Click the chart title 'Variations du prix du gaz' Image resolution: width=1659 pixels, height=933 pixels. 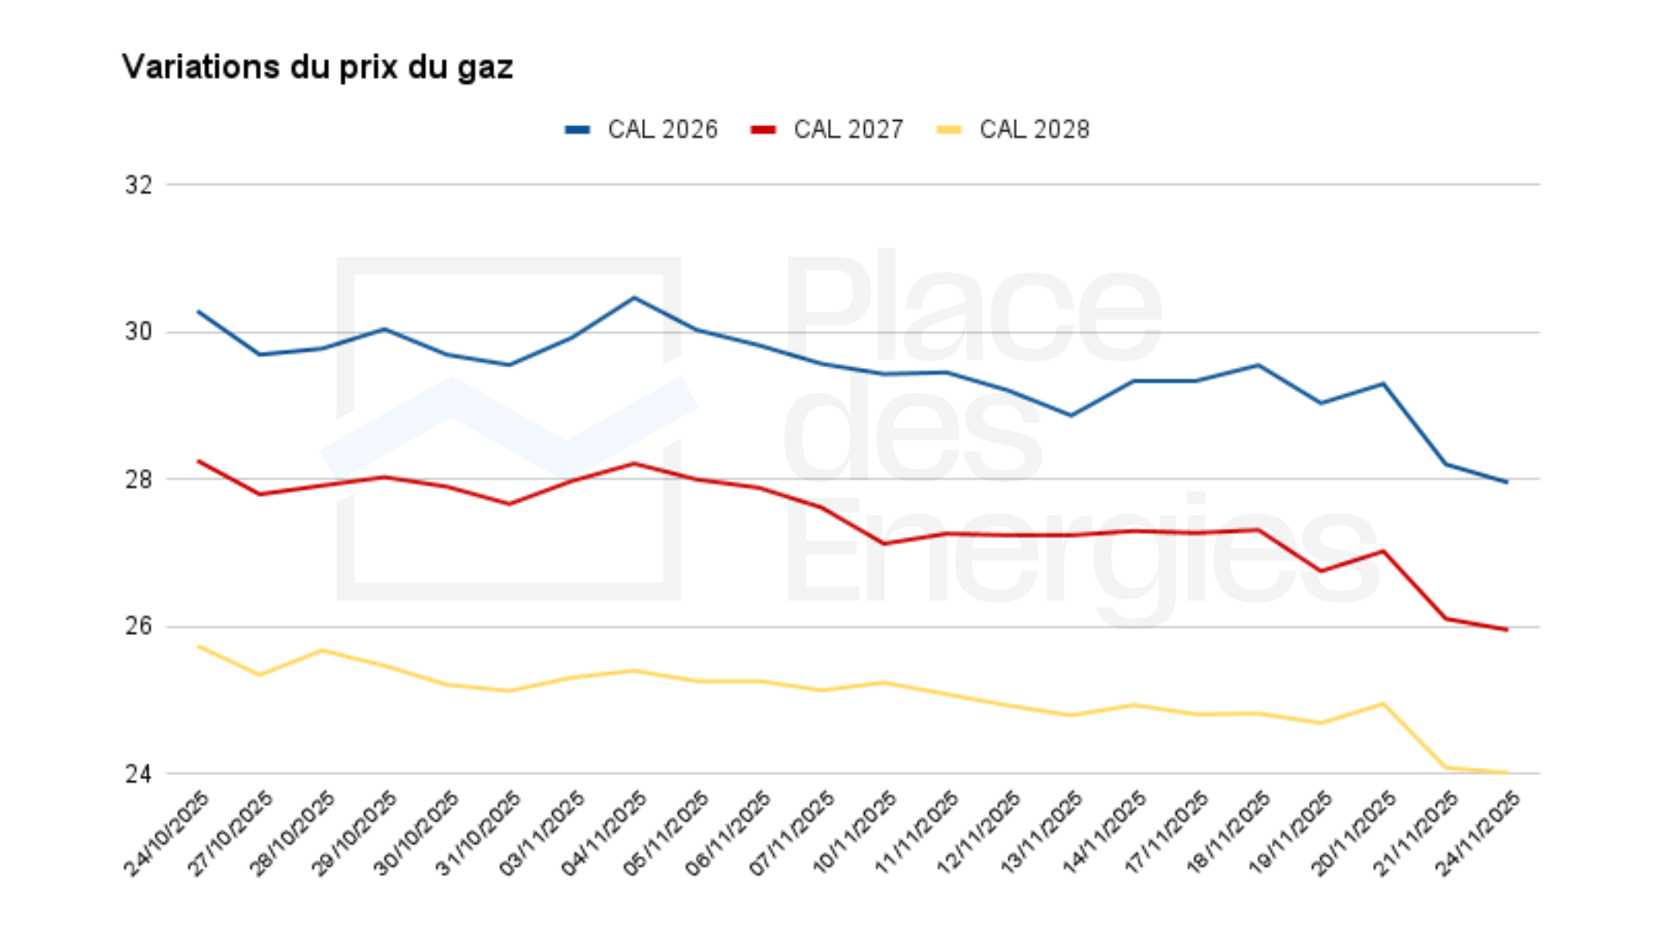[317, 67]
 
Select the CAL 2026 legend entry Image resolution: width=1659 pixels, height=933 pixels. [641, 130]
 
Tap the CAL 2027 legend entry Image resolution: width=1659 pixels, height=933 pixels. [827, 130]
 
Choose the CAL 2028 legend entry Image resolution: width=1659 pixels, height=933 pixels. [1013, 130]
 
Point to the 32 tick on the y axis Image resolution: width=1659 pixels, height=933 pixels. [138, 185]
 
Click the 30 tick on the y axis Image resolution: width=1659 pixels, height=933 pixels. [138, 332]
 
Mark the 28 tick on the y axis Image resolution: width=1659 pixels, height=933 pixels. [138, 479]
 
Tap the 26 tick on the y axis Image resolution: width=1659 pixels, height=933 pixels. [138, 626]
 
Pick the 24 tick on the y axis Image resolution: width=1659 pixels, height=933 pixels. [138, 774]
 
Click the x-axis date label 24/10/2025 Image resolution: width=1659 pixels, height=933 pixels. [168, 834]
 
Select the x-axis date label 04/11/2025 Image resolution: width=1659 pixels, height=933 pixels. [604, 834]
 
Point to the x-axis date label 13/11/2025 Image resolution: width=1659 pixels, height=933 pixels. [1041, 834]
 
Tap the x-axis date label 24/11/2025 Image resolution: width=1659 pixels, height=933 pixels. [1478, 834]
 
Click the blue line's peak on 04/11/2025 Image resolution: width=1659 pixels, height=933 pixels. [634, 298]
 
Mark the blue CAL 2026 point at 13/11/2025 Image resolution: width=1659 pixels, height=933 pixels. [1071, 416]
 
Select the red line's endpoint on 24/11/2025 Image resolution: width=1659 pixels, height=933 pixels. [1507, 630]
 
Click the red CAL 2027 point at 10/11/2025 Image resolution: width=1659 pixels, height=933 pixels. [884, 543]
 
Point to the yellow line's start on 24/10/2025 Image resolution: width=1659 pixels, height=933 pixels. [200, 646]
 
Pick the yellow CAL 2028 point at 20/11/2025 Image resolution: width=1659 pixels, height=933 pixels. [1383, 704]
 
